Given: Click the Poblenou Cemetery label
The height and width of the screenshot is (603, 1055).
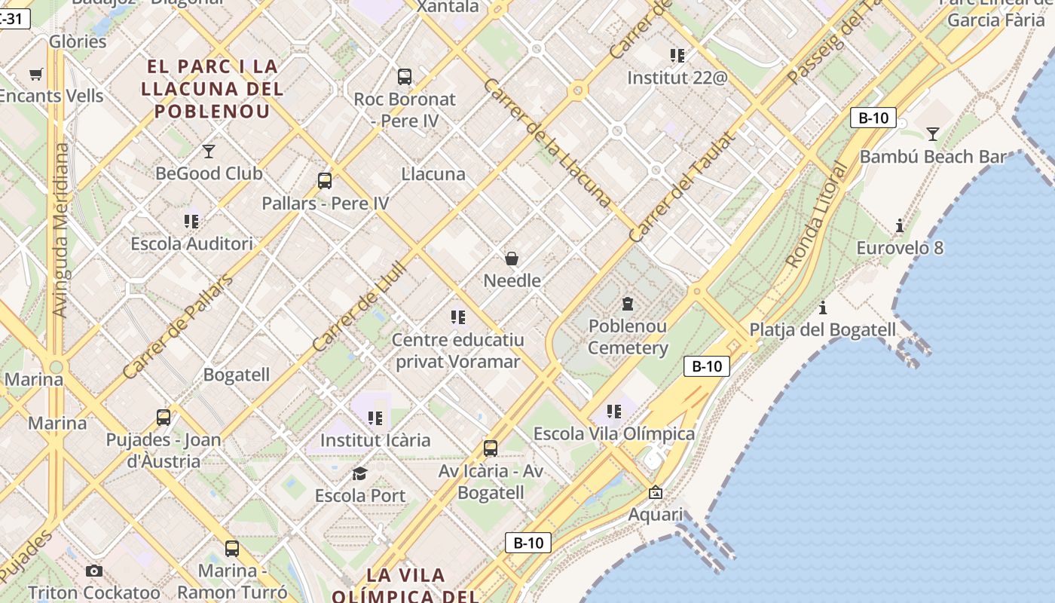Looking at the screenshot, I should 628,337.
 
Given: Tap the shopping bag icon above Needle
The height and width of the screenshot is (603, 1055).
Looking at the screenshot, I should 512,259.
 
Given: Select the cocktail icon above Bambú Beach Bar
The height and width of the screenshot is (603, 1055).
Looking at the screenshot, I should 933,134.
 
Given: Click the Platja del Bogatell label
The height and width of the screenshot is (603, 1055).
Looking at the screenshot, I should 822,329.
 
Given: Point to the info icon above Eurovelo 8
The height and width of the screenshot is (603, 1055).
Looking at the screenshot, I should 899,225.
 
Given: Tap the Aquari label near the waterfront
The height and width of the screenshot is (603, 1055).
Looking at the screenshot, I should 656,515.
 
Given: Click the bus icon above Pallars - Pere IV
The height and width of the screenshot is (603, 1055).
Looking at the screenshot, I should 325,181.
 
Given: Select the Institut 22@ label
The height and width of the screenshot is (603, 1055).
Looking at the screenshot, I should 677,78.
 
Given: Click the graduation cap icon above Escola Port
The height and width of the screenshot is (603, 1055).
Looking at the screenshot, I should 360,473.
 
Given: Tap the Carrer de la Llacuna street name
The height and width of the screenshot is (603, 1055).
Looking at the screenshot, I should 547,142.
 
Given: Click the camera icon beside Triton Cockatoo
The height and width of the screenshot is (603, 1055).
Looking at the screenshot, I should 93,571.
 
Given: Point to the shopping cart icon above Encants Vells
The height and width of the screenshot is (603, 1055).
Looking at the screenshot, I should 35,74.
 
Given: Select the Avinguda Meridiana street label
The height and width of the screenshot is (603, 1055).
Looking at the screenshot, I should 61,230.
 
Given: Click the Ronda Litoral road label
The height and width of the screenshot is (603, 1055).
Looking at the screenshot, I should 817,215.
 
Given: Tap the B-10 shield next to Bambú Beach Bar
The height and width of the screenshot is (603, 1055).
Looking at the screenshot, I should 873,118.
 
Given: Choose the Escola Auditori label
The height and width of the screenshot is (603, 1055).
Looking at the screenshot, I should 191,243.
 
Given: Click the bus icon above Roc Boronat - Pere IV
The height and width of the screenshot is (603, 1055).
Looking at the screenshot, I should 405,76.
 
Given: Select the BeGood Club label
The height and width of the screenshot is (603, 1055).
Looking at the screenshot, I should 209,173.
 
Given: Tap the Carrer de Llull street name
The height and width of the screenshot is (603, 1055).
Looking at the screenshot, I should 359,306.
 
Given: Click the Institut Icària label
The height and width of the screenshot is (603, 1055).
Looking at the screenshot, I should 375,439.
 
